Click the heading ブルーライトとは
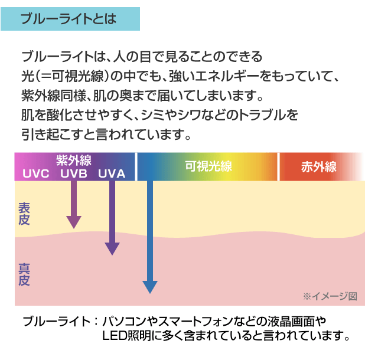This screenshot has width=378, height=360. coord(68,18)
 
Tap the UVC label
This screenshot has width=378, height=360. coord(36,174)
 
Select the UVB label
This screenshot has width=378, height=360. coord(73,174)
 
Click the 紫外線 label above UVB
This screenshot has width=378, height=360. coord(73,161)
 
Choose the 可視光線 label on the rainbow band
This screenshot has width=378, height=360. coord(208,166)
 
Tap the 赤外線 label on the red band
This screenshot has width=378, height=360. coord(319,166)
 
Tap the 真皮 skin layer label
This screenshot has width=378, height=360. coord(24,274)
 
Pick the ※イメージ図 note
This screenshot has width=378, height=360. coord(330,296)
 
